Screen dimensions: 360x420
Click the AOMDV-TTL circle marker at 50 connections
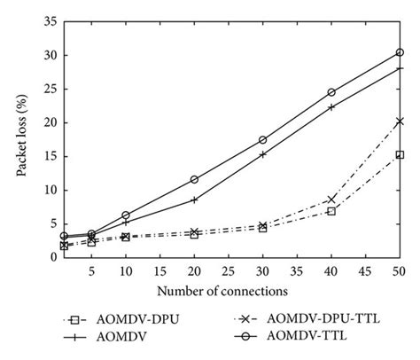tap(400, 52)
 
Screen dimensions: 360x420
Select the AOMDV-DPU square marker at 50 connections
tap(400, 154)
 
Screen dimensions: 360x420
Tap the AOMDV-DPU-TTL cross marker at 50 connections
tap(400, 121)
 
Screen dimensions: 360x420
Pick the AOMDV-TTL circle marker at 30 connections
tap(263, 140)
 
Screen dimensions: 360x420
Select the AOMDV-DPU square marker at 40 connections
tap(331, 211)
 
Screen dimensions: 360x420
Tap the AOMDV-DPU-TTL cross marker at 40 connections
tap(331, 200)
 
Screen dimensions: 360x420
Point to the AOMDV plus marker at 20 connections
tap(194, 200)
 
